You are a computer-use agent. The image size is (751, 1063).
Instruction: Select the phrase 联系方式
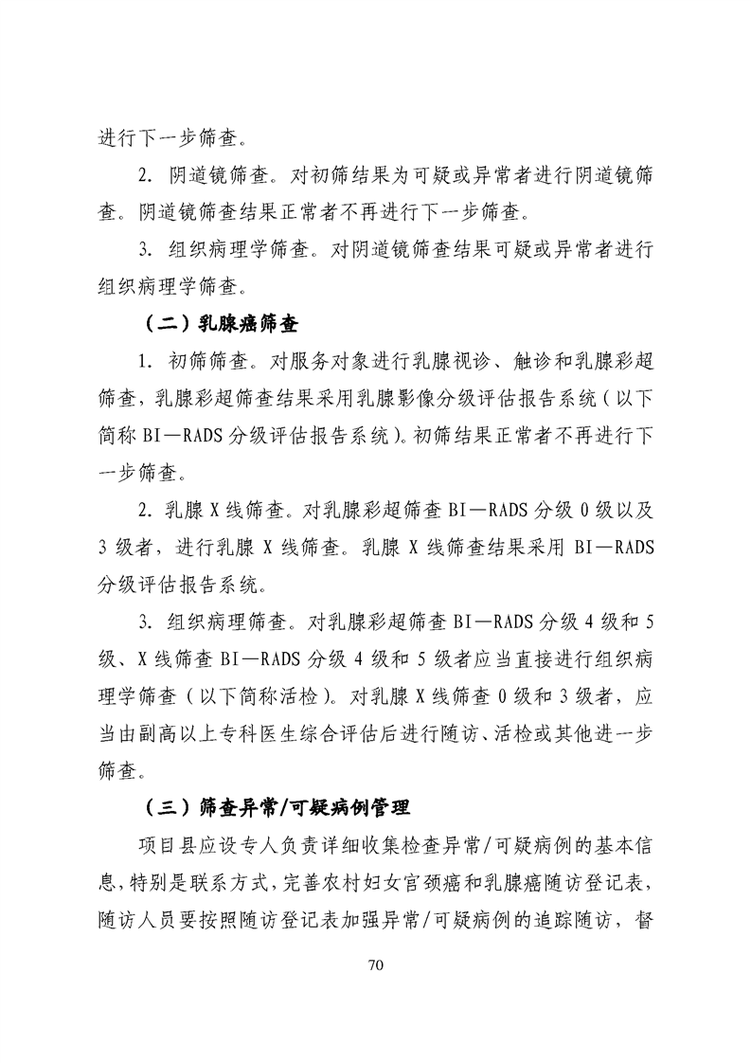234,883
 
